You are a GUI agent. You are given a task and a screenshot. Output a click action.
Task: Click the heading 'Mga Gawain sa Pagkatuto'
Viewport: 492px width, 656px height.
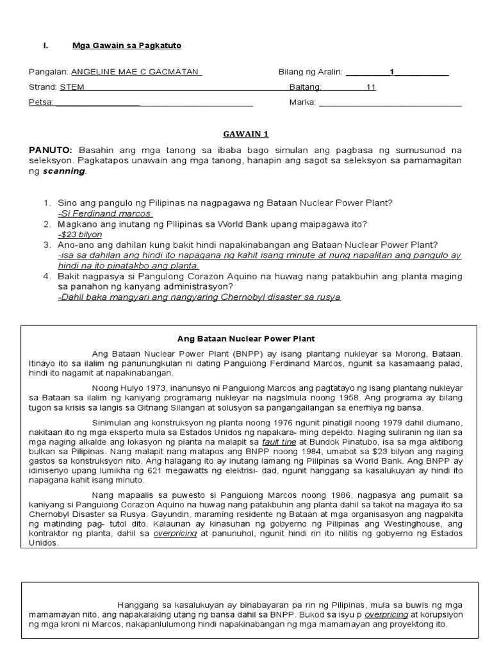tap(122, 45)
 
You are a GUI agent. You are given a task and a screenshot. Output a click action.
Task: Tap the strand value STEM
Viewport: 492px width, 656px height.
tap(72, 88)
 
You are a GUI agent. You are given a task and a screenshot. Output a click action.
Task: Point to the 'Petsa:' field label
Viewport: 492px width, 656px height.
tap(41, 102)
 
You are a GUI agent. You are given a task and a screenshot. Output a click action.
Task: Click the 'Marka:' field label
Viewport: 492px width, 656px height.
tap(302, 102)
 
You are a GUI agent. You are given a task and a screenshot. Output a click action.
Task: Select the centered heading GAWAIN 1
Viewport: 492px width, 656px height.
tap(245, 134)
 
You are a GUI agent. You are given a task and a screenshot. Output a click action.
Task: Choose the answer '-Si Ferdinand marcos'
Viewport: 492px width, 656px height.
tap(104, 213)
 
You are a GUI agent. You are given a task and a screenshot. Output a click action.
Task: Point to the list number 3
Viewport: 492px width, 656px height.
tap(47, 245)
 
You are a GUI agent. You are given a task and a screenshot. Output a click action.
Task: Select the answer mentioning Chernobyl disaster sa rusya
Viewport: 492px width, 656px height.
tap(199, 297)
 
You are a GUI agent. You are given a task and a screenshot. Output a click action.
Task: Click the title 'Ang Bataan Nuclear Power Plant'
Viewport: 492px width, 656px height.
tap(246, 338)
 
